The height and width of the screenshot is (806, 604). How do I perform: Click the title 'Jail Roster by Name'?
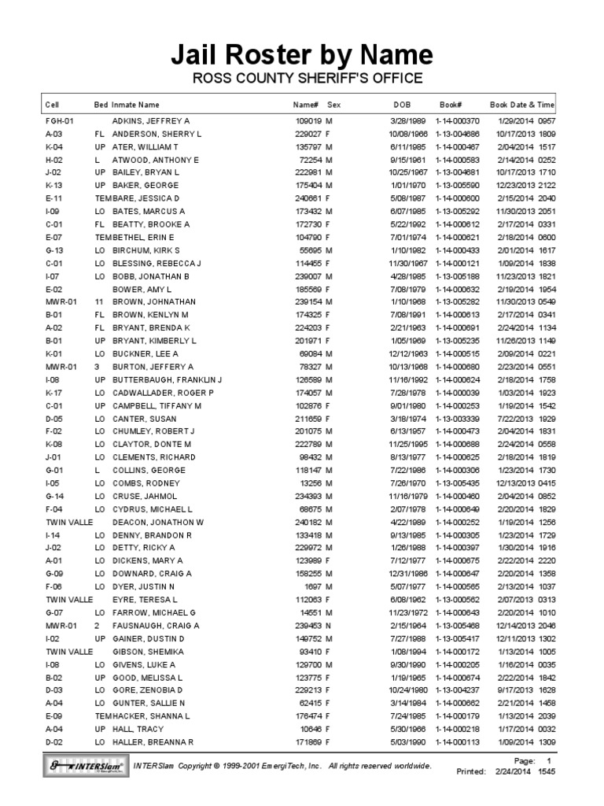302,55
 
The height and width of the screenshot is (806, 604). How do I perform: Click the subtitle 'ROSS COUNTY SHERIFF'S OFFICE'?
302,78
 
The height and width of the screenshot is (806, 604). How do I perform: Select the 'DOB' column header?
402,104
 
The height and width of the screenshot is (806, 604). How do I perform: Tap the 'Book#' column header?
450,104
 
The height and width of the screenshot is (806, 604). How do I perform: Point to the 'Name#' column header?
305,104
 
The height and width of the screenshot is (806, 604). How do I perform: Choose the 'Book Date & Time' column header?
522,104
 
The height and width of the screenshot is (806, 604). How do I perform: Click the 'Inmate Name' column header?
135,104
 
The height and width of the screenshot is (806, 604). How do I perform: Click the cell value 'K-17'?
54,392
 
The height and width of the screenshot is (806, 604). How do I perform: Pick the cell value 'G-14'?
54,495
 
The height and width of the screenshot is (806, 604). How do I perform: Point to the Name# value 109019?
308,122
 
